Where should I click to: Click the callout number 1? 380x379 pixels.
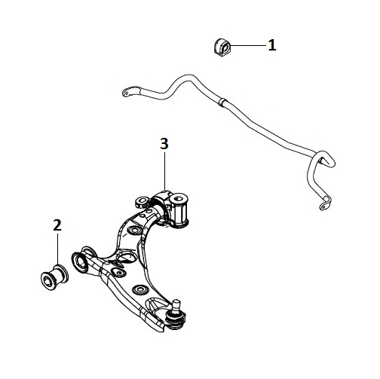click(x=272, y=45)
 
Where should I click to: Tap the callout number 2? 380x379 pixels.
click(x=57, y=225)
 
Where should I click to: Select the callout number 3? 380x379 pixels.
click(x=164, y=144)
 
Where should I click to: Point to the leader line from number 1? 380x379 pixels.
click(x=248, y=45)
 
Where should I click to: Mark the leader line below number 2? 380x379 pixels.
click(x=58, y=249)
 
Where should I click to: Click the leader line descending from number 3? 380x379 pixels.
click(x=165, y=172)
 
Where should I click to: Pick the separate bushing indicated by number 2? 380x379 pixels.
click(x=54, y=277)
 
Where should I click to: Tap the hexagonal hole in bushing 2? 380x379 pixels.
click(x=47, y=280)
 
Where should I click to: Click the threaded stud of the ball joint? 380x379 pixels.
click(x=177, y=304)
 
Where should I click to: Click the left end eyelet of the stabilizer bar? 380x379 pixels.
click(x=127, y=92)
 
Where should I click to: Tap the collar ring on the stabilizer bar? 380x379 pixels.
click(x=222, y=102)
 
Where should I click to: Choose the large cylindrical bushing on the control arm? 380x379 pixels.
click(x=179, y=210)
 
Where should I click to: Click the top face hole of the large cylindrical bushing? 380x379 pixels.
click(x=179, y=198)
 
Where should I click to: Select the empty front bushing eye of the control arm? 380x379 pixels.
click(x=80, y=263)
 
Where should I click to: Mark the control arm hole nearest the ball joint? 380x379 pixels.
click(x=140, y=289)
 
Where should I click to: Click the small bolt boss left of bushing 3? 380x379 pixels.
click(x=142, y=201)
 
